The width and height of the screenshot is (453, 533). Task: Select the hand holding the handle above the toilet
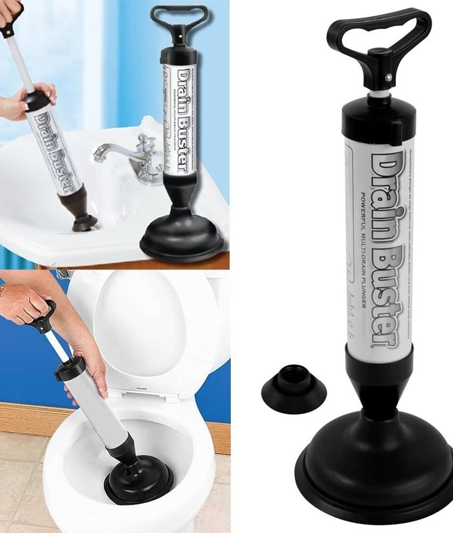[24, 302]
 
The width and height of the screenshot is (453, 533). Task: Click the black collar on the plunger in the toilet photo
[69, 368]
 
